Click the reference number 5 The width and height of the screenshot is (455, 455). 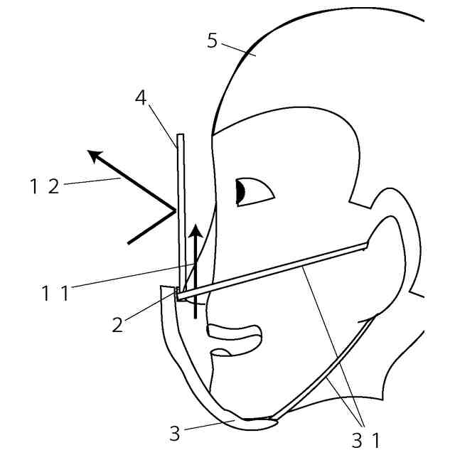click(212, 40)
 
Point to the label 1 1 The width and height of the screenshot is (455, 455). click(55, 291)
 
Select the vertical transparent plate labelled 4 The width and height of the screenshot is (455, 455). click(181, 213)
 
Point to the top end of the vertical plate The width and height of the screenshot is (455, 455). click(181, 136)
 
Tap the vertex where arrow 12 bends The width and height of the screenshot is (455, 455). click(174, 210)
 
